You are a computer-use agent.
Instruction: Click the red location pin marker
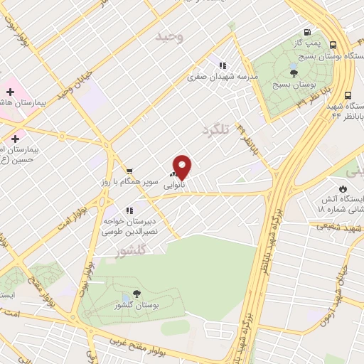183,166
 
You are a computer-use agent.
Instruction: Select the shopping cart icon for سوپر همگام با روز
129,171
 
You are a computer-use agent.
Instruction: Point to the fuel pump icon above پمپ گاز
307,32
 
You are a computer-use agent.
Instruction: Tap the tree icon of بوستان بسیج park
294,73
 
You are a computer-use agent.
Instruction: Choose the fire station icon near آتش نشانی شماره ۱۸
343,188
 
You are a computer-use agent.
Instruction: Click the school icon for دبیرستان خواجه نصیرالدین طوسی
129,210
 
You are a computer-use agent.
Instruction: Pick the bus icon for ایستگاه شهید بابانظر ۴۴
348,95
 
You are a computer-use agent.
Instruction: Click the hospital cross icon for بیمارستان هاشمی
10,91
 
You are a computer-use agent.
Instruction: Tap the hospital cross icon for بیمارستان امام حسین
15,138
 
